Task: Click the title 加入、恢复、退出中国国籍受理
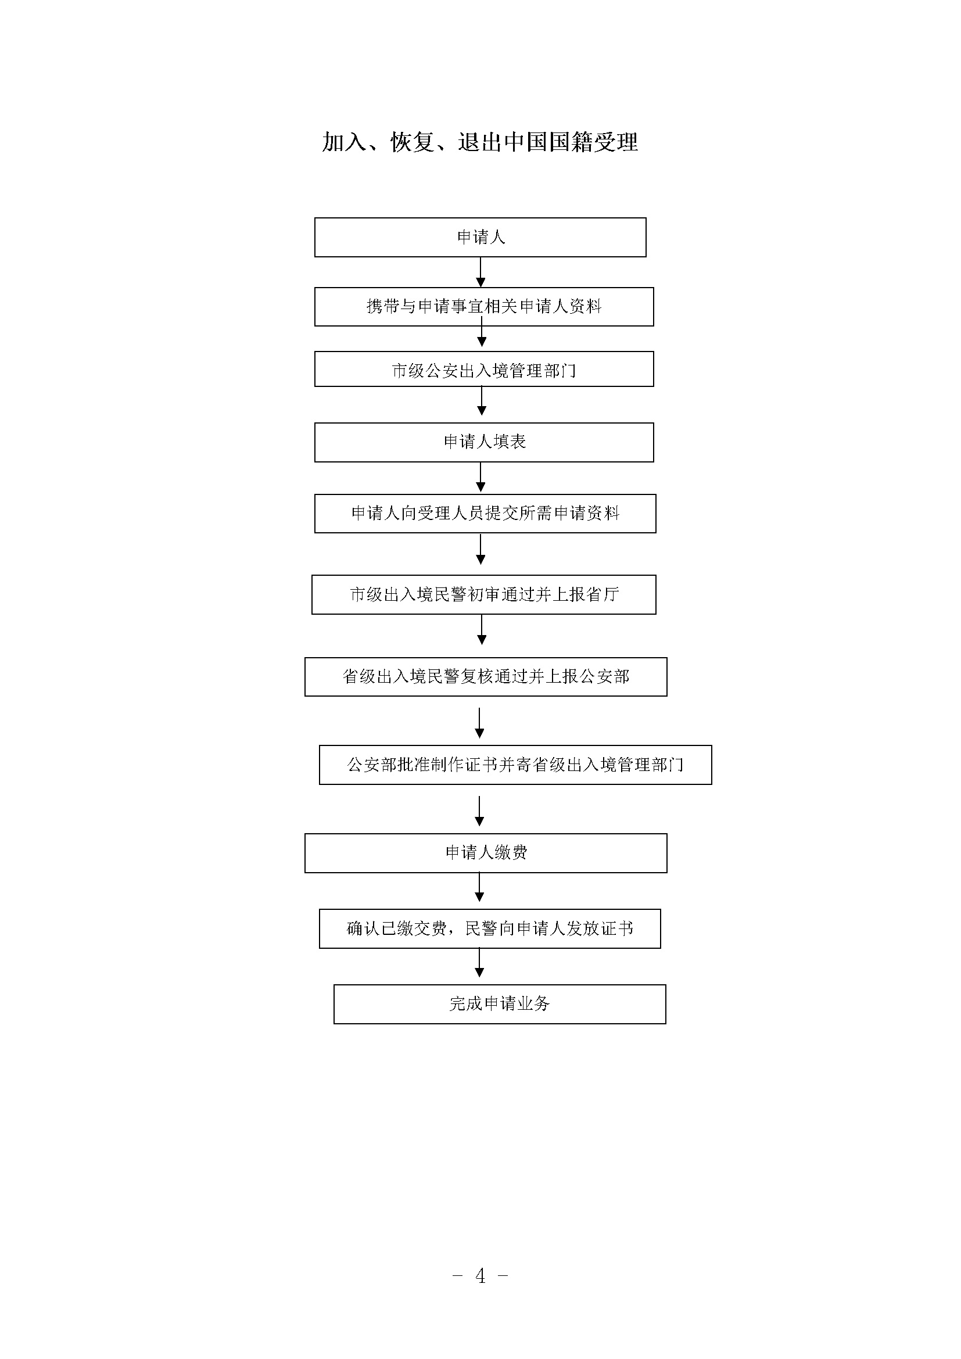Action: point(480,142)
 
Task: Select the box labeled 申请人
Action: point(480,238)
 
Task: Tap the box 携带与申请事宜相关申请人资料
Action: point(484,307)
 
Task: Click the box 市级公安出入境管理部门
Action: point(484,370)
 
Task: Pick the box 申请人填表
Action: point(484,442)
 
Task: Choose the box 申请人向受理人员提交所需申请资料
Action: point(485,513)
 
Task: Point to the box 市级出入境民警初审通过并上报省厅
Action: point(484,594)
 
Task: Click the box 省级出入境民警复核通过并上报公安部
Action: point(486,676)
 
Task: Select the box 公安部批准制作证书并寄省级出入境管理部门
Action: point(515,765)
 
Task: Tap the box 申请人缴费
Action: point(486,853)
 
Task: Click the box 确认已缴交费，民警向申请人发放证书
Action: point(490,928)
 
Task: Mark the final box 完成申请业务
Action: point(500,1005)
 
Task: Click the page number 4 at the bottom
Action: point(480,1275)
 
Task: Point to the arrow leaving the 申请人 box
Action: point(480,272)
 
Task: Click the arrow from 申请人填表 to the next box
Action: point(480,478)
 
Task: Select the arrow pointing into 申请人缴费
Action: point(479,812)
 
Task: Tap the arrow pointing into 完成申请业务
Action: point(479,963)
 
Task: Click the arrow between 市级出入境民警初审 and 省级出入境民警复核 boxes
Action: point(482,630)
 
